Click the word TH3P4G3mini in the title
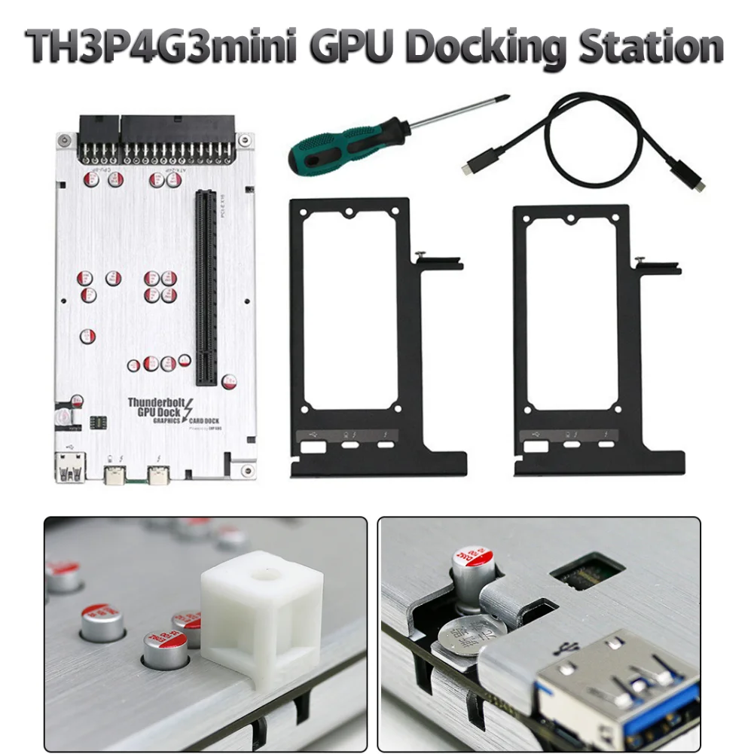[x=166, y=47]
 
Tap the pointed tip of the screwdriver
[x=508, y=96]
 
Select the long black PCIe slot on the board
[x=206, y=285]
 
